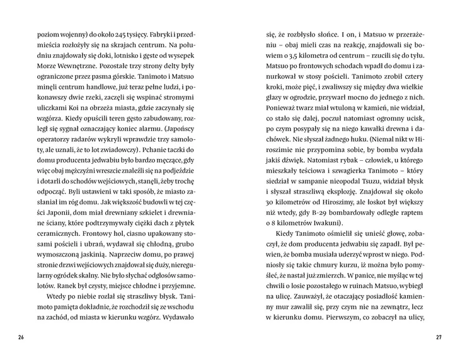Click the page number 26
point(21,337)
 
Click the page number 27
point(439,337)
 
